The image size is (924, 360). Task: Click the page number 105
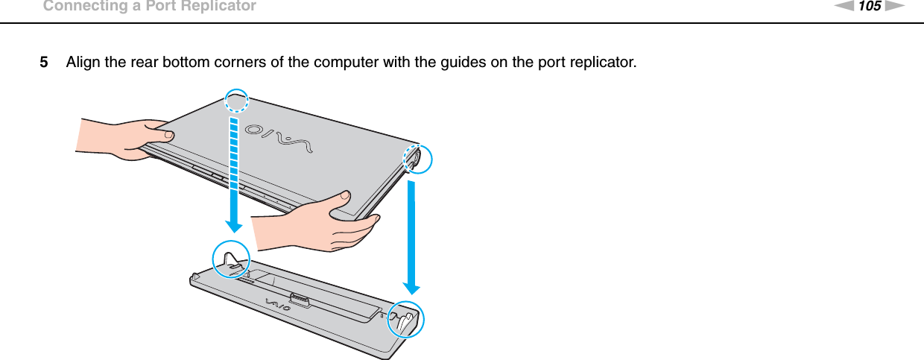coord(870,7)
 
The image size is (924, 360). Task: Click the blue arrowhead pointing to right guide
coord(411,287)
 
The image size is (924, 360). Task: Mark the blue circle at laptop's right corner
coord(416,158)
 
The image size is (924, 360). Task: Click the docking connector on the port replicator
coord(300,300)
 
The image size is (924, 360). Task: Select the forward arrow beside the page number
coord(895,7)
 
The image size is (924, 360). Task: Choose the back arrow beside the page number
coord(846,7)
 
